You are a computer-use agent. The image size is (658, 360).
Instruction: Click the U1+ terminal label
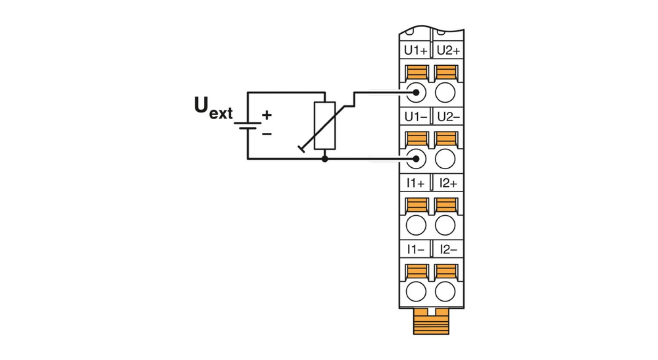tap(416, 50)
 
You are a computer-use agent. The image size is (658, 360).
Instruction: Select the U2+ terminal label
tap(448, 50)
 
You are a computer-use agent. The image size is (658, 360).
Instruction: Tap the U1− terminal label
tap(416, 117)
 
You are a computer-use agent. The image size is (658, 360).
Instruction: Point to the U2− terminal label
tap(448, 117)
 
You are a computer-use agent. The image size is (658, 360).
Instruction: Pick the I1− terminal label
tap(416, 250)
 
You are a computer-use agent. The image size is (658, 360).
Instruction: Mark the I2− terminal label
tap(448, 250)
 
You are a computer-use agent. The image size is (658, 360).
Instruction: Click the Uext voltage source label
tap(213, 108)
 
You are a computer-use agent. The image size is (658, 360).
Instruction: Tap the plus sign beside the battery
tap(266, 115)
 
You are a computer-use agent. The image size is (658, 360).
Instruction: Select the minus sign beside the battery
tap(266, 134)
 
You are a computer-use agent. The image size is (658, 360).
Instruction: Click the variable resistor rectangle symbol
tap(324, 126)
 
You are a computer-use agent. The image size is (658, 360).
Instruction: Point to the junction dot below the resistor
tap(324, 159)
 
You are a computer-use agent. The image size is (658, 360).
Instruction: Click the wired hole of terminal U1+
tap(416, 91)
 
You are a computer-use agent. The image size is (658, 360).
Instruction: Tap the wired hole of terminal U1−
tap(416, 159)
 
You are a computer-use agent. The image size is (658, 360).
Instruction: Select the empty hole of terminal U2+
tap(446, 91)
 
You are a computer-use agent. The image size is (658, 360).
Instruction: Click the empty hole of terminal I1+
tap(416, 225)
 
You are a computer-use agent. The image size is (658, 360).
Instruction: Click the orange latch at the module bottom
tap(431, 322)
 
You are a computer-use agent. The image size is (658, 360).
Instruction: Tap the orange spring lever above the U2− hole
tap(446, 139)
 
